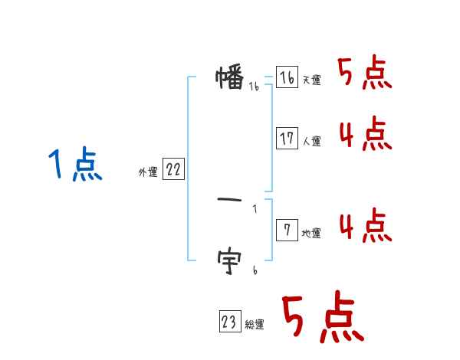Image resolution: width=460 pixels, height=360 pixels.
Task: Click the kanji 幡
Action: pos(230,78)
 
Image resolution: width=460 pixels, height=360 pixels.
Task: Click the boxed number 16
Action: pos(287,77)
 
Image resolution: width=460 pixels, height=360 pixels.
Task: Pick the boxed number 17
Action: pos(287,139)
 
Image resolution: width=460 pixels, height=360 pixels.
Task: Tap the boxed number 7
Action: pos(287,231)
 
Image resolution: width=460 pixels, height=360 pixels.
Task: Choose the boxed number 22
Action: pos(173,170)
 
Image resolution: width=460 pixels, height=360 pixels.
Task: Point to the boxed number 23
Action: pos(229,322)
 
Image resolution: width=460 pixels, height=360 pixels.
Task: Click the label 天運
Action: pos(311,80)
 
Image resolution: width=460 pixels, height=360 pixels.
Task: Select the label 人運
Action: pos(311,142)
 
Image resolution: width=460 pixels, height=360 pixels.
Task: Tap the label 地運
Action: pos(311,234)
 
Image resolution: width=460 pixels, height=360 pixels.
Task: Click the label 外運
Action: pos(148,173)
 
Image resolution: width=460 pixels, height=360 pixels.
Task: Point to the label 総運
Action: pos(254,326)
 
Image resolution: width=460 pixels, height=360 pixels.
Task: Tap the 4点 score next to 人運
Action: pos(364,135)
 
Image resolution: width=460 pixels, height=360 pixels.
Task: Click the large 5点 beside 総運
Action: pos(322,319)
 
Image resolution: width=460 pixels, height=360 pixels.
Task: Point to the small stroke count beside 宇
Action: pos(255,270)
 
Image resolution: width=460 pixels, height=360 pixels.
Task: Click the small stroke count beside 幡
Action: pos(254,87)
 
